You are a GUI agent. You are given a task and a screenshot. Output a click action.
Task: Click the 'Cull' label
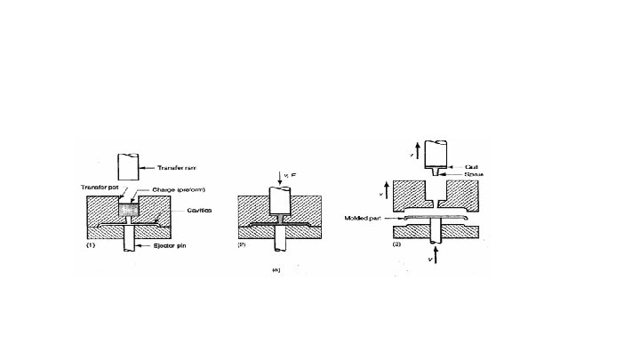(473, 165)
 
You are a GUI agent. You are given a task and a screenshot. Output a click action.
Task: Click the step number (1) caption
(89, 246)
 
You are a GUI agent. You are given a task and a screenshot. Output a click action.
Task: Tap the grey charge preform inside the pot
(131, 211)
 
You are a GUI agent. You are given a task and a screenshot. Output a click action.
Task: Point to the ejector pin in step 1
(131, 238)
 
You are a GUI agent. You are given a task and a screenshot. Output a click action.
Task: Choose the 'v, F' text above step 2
(292, 176)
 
